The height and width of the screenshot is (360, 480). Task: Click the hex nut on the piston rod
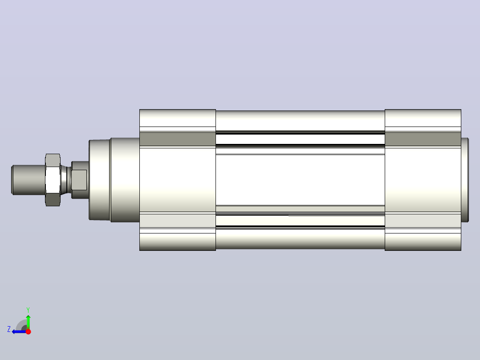pyautogui.click(x=53, y=180)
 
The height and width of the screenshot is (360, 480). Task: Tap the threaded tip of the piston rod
pyautogui.click(x=28, y=180)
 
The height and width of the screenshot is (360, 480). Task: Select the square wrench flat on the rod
pyautogui.click(x=79, y=180)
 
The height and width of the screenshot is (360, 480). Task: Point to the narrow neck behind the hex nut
pyautogui.click(x=65, y=180)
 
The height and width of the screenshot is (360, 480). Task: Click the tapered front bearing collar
pyautogui.click(x=99, y=180)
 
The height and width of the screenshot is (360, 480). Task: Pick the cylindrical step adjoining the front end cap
pyautogui.click(x=125, y=180)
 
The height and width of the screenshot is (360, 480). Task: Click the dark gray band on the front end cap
pyautogui.click(x=178, y=139)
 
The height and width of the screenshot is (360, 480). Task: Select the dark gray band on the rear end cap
pyautogui.click(x=423, y=139)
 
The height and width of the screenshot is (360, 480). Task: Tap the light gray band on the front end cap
pyautogui.click(x=178, y=221)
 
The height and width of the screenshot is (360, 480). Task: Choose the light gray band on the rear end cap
pyautogui.click(x=423, y=221)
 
